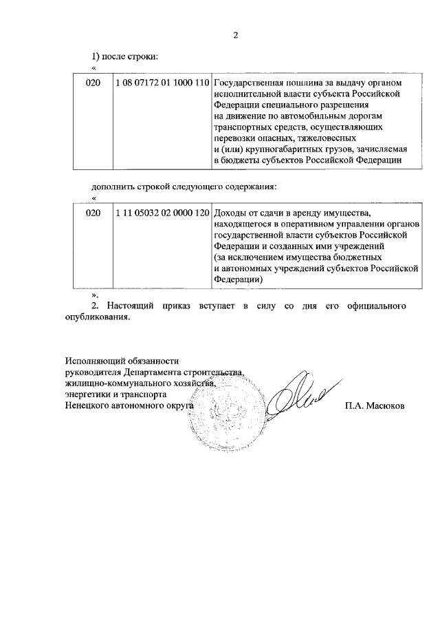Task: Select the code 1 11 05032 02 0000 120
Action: pyautogui.click(x=162, y=213)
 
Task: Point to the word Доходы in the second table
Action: pyautogui.click(x=230, y=213)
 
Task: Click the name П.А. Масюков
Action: pyautogui.click(x=375, y=406)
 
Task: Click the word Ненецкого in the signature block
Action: pyautogui.click(x=87, y=406)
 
